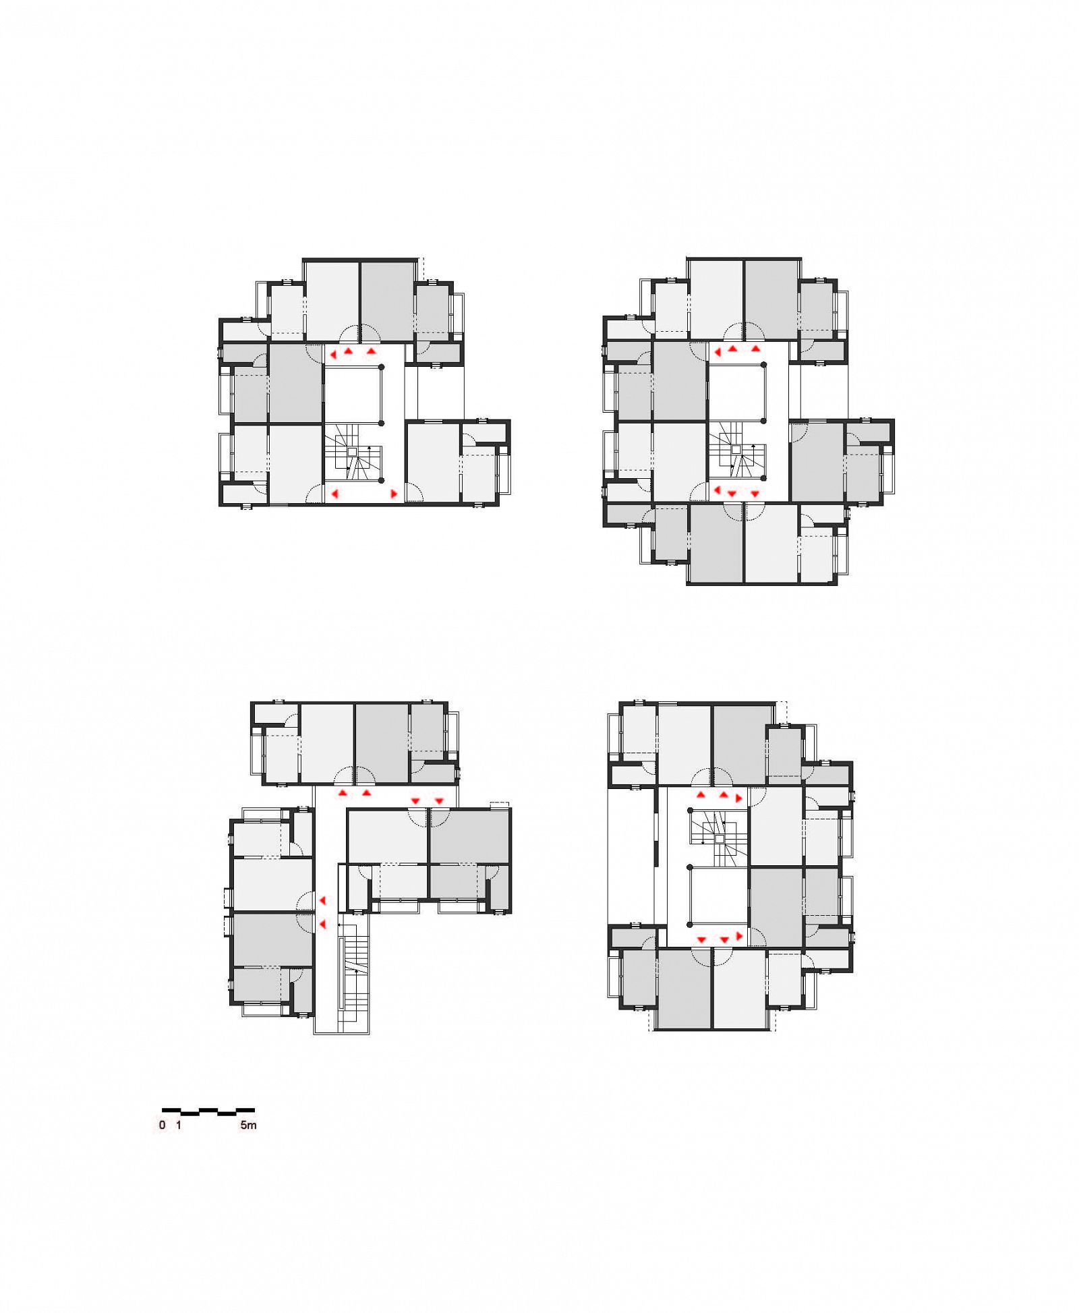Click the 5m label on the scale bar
pos(248,1125)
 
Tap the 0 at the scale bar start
pos(162,1125)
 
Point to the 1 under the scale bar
pos(179,1125)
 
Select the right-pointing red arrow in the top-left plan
pos(395,494)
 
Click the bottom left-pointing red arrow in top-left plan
pos(334,494)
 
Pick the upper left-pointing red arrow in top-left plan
pos(334,353)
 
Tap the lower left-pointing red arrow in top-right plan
pos(717,490)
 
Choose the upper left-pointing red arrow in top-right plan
pos(717,351)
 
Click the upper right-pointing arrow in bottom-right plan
pos(739,798)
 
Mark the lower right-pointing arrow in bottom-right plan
pos(739,936)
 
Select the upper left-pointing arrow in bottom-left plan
pos(323,901)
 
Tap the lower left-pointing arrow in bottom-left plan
pos(323,924)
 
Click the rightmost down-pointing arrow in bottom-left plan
pos(439,800)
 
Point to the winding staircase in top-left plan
pos(353,453)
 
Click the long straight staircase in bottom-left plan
pos(353,974)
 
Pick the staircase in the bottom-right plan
pos(719,839)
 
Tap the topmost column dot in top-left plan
pos(382,367)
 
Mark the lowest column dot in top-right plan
pos(763,477)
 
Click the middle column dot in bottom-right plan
pos(689,867)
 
